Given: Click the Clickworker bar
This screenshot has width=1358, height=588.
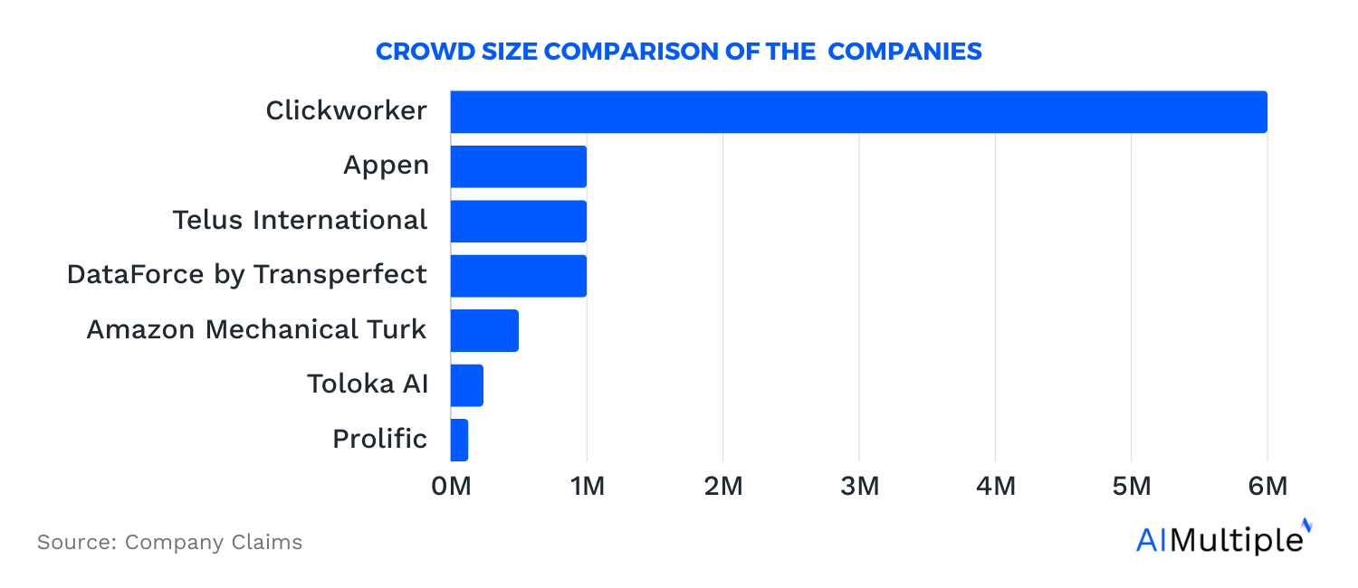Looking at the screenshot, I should (x=858, y=112).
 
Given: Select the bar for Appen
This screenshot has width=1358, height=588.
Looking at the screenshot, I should (x=518, y=166).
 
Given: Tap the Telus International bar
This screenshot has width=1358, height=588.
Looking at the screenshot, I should (x=518, y=221).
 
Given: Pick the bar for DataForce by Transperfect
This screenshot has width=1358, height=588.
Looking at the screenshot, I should (x=518, y=275).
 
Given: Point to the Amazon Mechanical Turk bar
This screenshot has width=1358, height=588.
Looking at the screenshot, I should (x=484, y=330).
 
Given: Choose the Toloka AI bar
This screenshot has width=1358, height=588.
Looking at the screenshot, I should (x=467, y=385).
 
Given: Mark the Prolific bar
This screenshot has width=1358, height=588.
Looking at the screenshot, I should (x=460, y=440).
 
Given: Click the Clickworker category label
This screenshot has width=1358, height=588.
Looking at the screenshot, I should (x=346, y=111).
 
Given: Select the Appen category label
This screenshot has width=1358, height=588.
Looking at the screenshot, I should (x=385, y=166).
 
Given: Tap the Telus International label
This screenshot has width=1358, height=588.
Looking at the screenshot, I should (x=300, y=220).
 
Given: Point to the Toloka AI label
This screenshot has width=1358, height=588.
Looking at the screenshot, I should (x=367, y=384).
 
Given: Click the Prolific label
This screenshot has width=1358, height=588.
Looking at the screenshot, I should (x=379, y=439).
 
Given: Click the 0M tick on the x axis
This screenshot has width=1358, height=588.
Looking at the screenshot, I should (x=451, y=486).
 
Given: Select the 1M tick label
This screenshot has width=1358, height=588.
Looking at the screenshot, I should (x=587, y=486).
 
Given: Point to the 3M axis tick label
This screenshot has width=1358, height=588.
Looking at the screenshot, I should (x=859, y=486).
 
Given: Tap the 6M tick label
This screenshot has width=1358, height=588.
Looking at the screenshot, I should (x=1267, y=486).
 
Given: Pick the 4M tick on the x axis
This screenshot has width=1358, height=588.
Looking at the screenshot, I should (x=995, y=486).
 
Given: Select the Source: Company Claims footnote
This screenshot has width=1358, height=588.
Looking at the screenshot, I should (x=169, y=543).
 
